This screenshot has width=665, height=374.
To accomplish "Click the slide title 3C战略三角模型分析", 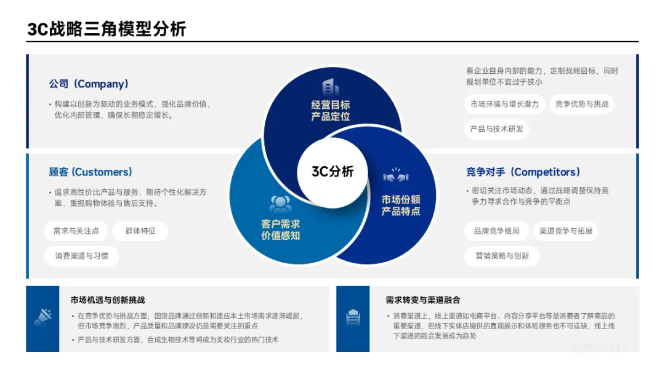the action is [x=107, y=29].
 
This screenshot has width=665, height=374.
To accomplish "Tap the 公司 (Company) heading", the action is [x=89, y=84].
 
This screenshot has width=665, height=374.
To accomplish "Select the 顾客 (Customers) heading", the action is [x=91, y=172].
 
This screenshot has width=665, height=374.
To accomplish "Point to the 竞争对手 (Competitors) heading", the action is [x=523, y=172].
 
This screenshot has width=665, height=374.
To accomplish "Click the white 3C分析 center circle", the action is [x=332, y=172].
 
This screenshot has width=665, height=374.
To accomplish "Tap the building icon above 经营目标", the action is [x=330, y=87].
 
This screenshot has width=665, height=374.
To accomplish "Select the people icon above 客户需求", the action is [x=280, y=204].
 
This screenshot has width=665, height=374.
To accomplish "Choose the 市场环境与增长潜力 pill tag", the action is [x=504, y=104].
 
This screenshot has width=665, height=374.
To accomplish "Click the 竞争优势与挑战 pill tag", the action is [x=582, y=104].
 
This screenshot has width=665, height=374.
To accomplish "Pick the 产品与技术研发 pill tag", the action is [x=496, y=129].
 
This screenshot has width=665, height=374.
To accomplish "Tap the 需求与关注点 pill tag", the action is [x=76, y=231].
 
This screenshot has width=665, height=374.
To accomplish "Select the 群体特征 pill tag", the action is [x=140, y=231].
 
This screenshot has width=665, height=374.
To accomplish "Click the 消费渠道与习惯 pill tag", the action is [x=81, y=256].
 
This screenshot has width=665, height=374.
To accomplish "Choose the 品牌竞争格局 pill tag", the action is [x=496, y=231].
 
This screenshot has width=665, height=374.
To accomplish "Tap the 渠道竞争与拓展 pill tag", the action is [x=565, y=231].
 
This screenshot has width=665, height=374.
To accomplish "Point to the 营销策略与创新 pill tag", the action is [x=502, y=256].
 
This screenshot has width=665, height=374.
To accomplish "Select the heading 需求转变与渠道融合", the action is [x=423, y=300].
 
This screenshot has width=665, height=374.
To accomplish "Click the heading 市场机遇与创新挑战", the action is [x=108, y=300].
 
